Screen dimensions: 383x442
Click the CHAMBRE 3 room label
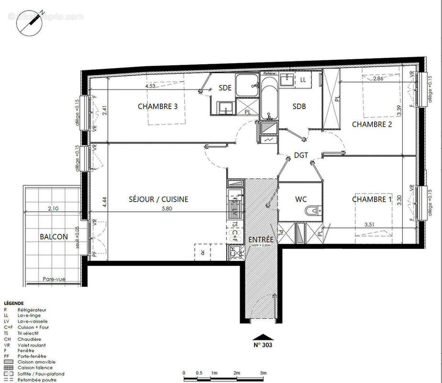(158, 106)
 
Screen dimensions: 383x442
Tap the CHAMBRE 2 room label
(372, 124)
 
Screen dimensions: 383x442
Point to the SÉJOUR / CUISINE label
(158, 199)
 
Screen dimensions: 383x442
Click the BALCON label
(54, 237)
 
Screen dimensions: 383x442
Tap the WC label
(301, 199)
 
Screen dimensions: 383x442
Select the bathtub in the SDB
(268, 98)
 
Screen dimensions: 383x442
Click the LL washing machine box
(303, 80)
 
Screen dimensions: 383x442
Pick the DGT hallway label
(301, 155)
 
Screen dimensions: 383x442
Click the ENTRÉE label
(261, 239)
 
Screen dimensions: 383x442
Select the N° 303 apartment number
(263, 345)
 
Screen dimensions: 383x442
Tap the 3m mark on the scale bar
(263, 373)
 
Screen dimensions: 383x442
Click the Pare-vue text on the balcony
(54, 279)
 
